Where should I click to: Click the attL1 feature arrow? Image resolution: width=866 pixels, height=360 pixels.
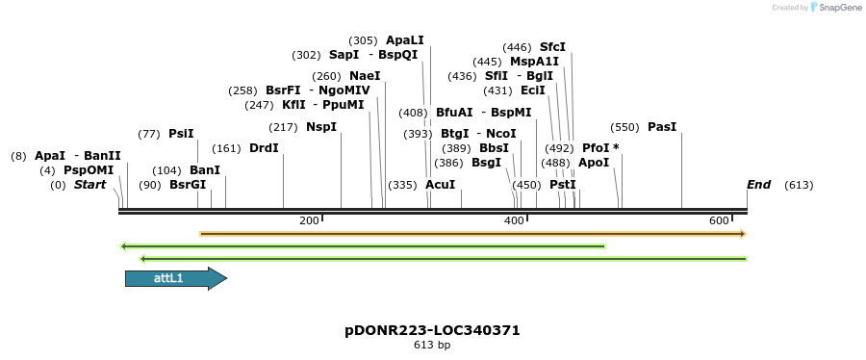174,278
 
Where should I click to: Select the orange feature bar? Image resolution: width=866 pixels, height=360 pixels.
471,234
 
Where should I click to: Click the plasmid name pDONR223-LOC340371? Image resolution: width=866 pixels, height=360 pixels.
432,330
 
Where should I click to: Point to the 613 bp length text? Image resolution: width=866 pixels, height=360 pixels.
432,345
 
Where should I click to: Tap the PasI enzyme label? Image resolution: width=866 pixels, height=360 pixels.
662,127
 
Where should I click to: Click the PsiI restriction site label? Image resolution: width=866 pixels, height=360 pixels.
181,134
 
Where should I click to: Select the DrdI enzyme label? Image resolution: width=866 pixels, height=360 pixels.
264,148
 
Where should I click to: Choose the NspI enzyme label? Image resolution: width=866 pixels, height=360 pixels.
321,127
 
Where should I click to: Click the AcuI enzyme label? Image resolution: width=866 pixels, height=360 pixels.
440,185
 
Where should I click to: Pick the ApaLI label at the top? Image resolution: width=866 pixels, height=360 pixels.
404,40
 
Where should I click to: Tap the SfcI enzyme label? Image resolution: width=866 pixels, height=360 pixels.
552,47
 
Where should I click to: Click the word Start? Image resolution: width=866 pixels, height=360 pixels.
89,185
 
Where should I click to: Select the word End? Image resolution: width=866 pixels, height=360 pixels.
759,185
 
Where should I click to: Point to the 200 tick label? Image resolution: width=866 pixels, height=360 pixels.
309,221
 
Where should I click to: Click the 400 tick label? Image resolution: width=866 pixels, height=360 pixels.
514,221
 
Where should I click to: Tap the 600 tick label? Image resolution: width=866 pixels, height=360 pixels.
719,221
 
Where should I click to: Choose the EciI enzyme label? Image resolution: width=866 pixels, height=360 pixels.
532,90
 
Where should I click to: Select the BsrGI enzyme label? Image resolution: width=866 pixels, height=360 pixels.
188,185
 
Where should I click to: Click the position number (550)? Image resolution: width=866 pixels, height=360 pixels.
624,127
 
